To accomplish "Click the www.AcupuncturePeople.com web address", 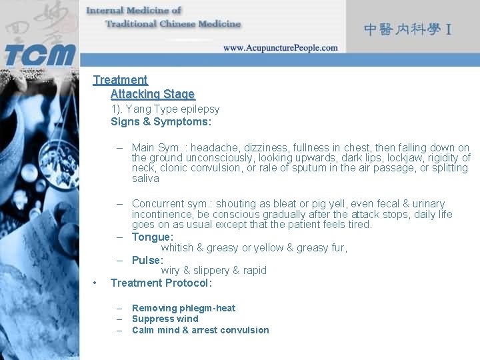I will [280, 48].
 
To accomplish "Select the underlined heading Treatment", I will [120, 80].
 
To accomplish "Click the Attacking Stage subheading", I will [153, 94].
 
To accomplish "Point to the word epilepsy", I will [199, 109].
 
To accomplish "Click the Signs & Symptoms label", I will [161, 122].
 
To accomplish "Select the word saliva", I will [145, 179].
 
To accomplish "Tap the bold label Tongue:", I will [153, 237].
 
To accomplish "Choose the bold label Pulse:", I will [147, 260].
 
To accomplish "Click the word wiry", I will [171, 271].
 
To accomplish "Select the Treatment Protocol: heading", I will [161, 283].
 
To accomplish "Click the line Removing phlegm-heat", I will [183, 308].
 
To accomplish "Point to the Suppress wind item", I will [165, 319].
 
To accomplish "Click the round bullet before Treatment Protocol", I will [97, 283].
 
